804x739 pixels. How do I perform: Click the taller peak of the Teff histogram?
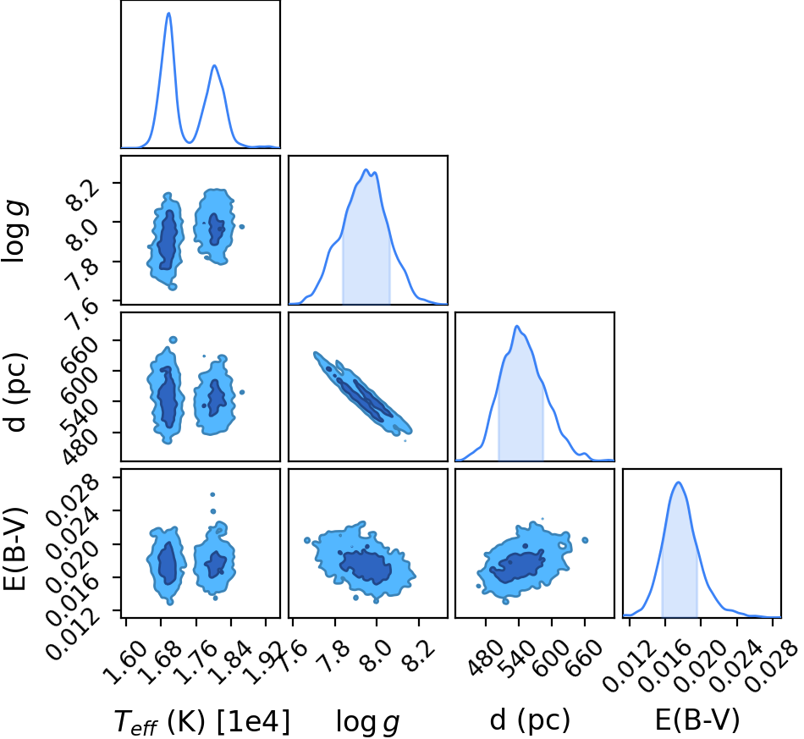point(168,14)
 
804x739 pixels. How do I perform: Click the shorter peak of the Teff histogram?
point(214,66)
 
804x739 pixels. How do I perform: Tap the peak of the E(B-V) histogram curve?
point(679,483)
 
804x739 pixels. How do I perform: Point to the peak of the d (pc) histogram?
point(517,326)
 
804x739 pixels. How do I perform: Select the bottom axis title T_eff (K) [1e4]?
point(201,721)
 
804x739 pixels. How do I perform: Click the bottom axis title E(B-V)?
point(697,720)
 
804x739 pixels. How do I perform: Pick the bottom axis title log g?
point(367,721)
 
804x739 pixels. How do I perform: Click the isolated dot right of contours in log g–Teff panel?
point(242,227)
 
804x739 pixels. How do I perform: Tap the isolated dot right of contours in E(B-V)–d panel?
point(585,540)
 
